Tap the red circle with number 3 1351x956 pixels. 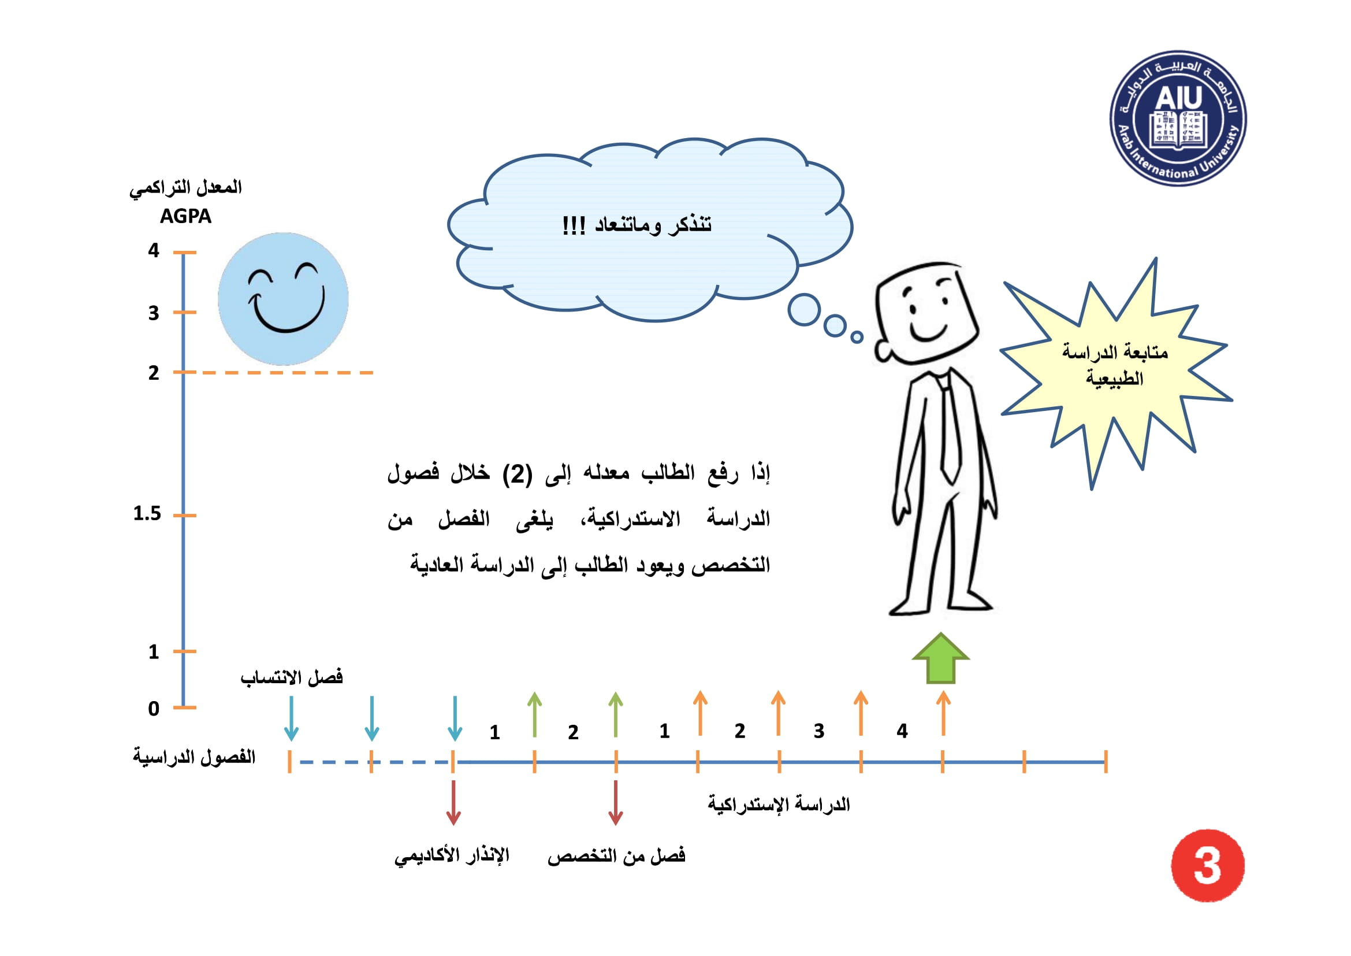coord(1207,865)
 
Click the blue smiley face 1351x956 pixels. coord(283,299)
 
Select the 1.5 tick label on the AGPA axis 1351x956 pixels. coord(147,514)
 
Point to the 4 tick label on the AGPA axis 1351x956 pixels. coord(154,251)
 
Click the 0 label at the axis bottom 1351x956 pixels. coord(154,709)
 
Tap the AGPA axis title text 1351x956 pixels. coord(185,217)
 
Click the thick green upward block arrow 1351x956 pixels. coord(941,659)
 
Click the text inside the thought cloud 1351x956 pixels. coord(637,225)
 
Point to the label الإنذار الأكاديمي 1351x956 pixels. coord(452,856)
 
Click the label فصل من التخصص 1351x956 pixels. coord(617,856)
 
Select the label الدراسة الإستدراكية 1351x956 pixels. coord(779,804)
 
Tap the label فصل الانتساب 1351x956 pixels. coord(291,677)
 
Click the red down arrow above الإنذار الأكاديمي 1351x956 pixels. coord(453,803)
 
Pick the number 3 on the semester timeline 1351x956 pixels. coord(819,731)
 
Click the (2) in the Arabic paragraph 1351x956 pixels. coord(517,474)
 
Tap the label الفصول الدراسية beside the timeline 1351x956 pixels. coord(194,757)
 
